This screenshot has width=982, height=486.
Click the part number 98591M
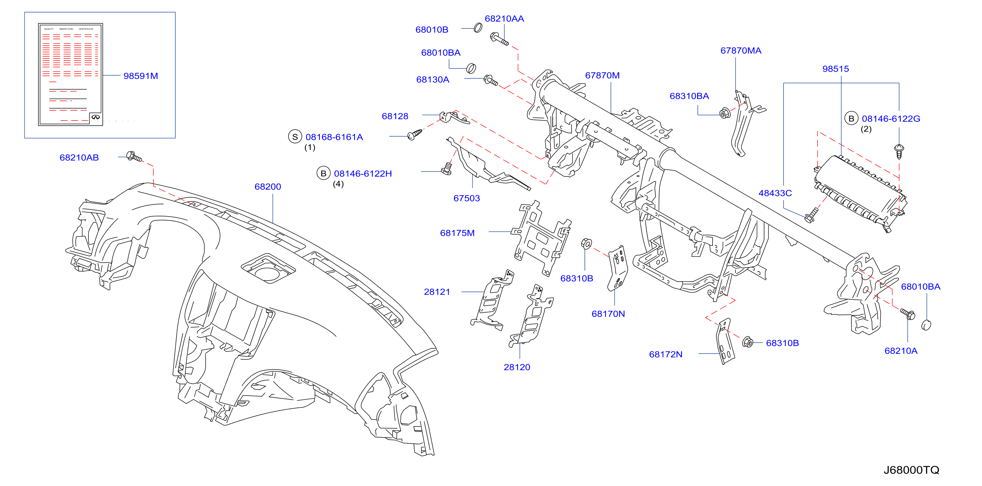point(141,76)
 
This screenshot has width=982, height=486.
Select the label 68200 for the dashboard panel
point(268,186)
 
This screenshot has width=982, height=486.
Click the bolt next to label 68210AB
point(134,156)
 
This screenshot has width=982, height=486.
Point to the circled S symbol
point(295,137)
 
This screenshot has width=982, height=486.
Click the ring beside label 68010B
point(478,28)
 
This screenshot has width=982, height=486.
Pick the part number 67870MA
point(741,50)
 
